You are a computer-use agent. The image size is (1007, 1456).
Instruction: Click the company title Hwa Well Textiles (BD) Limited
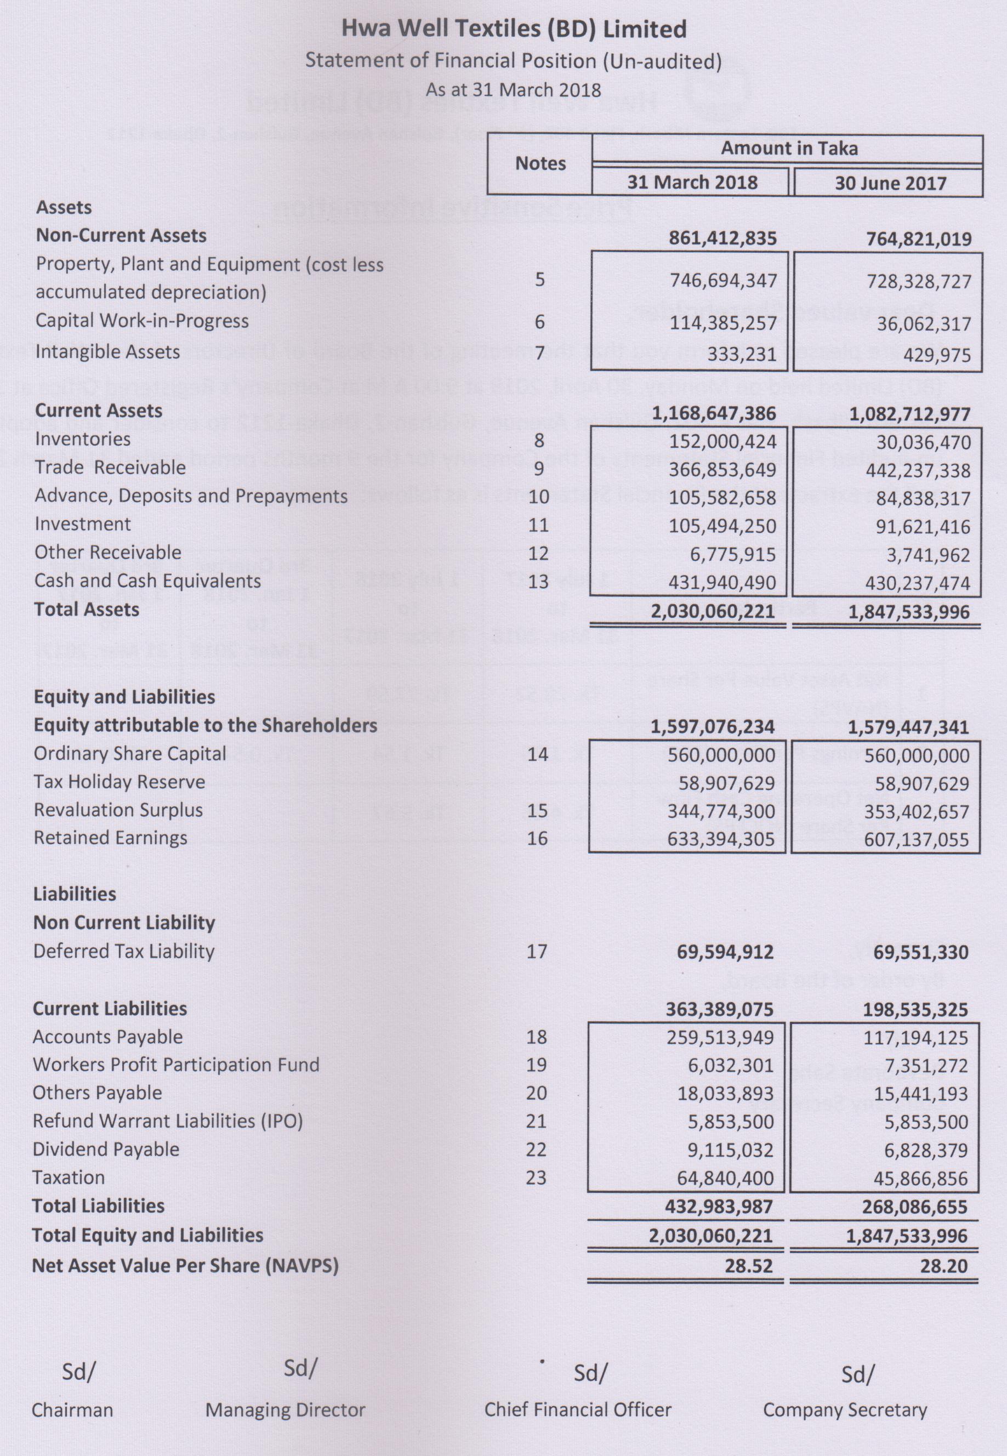tap(514, 30)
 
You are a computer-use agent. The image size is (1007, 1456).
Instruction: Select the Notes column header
tap(540, 163)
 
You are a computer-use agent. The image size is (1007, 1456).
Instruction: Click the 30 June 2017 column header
tap(890, 184)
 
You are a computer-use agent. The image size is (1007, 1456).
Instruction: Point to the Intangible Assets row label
tap(107, 351)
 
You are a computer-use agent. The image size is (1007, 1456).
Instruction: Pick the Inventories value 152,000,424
tap(722, 442)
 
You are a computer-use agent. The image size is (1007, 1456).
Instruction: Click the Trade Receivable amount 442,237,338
tap(923, 470)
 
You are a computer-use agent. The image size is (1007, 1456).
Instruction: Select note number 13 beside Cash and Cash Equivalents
tap(538, 581)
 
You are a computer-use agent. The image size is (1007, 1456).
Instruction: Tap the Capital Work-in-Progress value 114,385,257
tap(722, 323)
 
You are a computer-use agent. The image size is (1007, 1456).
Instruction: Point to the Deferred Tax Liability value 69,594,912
tap(725, 952)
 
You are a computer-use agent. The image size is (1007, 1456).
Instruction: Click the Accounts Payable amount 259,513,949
tap(720, 1038)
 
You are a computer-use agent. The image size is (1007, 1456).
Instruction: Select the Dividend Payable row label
tap(106, 1150)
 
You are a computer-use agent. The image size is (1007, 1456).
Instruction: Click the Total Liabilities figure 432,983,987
tap(719, 1207)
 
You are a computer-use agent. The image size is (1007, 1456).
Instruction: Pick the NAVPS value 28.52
tap(748, 1266)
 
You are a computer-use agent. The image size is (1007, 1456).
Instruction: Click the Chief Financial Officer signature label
tap(577, 1410)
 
